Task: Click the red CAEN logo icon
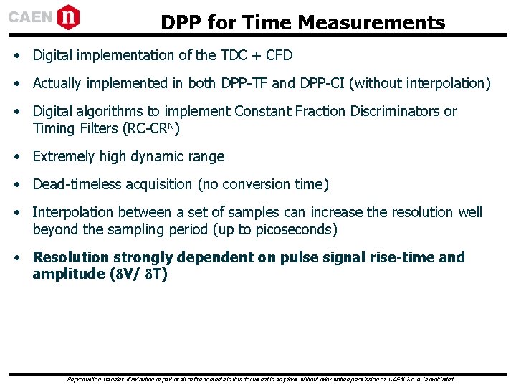(x=68, y=16)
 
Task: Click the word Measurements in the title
(x=371, y=23)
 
